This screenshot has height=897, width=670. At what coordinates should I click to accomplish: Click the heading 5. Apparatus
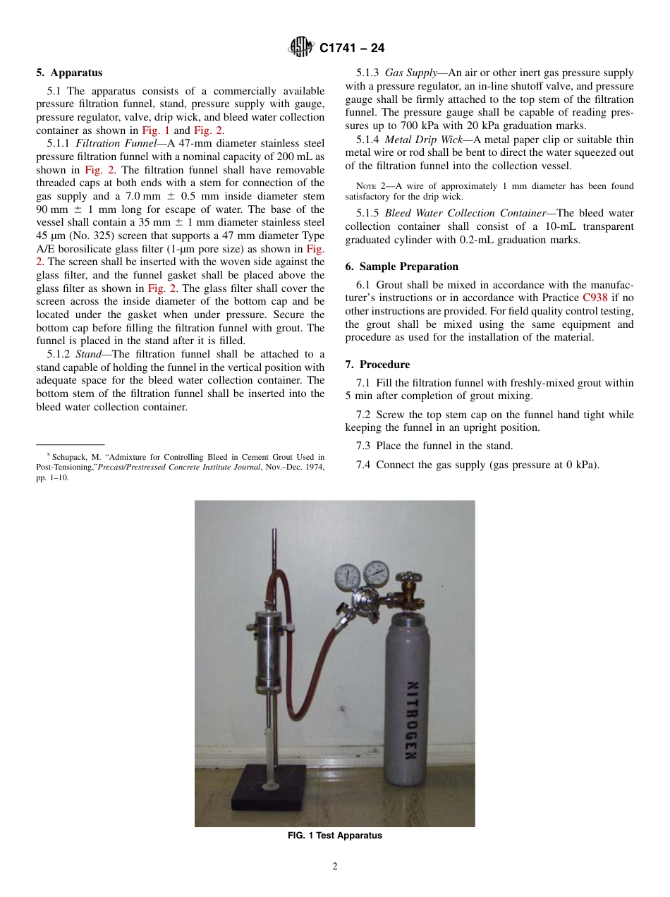(x=69, y=73)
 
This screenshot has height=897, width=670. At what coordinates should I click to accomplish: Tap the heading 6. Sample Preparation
(x=401, y=267)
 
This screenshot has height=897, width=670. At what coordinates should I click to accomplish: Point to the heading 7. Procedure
(x=377, y=365)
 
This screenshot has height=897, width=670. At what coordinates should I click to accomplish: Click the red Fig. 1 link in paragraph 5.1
(x=156, y=130)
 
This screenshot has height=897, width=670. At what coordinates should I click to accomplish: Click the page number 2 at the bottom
(x=334, y=867)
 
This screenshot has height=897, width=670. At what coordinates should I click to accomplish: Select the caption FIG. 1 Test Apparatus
(x=334, y=836)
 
